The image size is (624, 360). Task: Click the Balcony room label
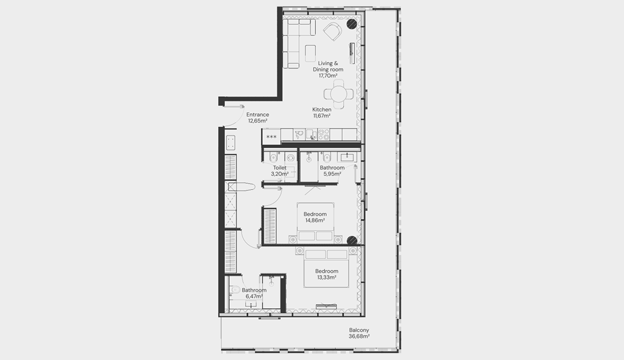(359, 330)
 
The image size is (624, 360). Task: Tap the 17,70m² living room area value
(328, 76)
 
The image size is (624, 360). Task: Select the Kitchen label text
(322, 109)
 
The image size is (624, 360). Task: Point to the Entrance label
(258, 114)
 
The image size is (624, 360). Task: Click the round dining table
(339, 94)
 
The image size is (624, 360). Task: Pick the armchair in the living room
(333, 31)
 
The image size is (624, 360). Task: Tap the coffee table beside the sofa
(310, 53)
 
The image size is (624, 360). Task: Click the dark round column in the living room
(351, 24)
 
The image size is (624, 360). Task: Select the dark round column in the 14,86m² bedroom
(352, 241)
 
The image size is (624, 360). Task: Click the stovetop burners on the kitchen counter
(324, 134)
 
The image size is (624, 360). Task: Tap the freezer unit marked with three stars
(272, 136)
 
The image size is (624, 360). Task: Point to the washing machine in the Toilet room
(291, 158)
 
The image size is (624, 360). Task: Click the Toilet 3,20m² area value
(280, 174)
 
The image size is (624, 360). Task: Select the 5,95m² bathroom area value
(332, 174)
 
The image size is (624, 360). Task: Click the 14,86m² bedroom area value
(315, 220)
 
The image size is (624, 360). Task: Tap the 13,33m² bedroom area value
(327, 277)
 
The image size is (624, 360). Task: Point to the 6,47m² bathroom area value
(254, 296)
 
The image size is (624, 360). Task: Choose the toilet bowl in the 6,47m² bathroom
(234, 290)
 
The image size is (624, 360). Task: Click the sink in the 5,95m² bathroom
(347, 157)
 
